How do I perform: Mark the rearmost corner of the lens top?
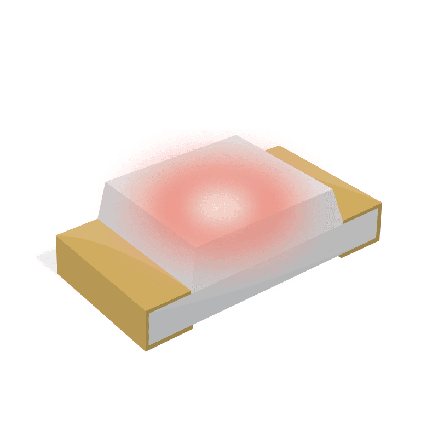236,135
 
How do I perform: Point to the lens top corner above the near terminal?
106,181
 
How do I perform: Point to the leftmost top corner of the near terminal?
57,236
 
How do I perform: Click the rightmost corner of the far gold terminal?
381,204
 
